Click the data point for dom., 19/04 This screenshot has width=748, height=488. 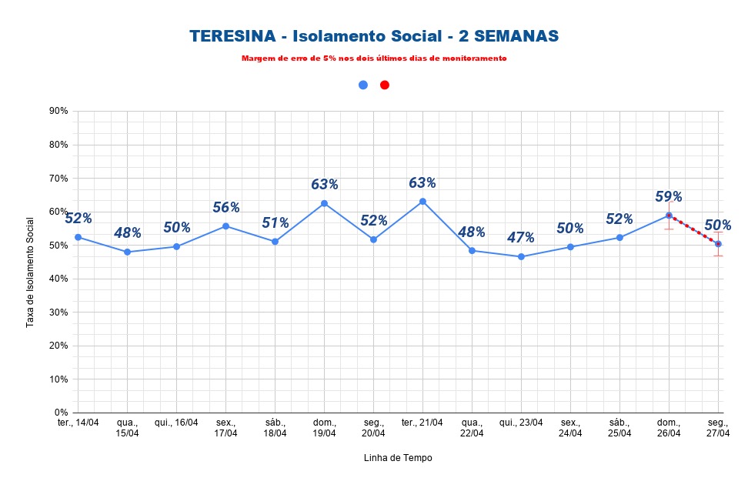324,203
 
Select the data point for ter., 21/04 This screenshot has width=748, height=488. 422,202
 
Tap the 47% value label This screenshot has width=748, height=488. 520,237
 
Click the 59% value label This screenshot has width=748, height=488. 669,196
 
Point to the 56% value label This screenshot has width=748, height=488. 226,207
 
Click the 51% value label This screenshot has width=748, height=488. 275,223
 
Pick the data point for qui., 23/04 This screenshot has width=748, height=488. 521,256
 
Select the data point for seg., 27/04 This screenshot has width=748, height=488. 718,244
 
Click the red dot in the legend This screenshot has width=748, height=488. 385,85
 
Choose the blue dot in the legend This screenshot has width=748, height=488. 363,85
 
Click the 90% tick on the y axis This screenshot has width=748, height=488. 58,111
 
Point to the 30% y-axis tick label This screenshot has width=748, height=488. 58,313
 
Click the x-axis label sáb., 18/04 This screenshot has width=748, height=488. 275,428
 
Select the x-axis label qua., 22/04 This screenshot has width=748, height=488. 472,428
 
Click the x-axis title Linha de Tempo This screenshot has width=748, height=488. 398,458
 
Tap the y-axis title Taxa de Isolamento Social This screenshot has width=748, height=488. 31,272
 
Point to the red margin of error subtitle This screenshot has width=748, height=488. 374,58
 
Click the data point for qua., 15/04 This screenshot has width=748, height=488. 127,252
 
